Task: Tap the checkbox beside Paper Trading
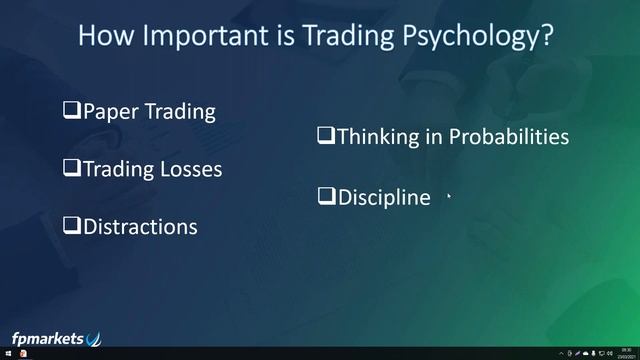(x=72, y=109)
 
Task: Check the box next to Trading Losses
(x=72, y=168)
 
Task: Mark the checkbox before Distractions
(x=72, y=225)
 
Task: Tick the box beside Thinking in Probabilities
(x=326, y=135)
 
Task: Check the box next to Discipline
(x=326, y=196)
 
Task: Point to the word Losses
(x=190, y=168)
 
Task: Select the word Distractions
(x=140, y=226)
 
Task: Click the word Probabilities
(x=509, y=136)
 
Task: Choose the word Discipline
(x=384, y=197)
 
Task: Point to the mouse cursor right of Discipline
(x=450, y=197)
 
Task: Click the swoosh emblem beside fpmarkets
(x=94, y=338)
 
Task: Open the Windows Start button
(x=7, y=354)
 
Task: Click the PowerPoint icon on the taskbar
(x=22, y=354)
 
